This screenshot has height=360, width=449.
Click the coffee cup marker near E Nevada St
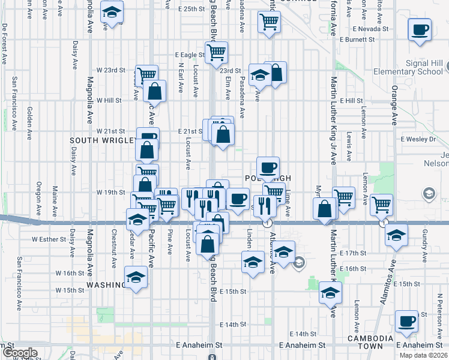[x=420, y=30]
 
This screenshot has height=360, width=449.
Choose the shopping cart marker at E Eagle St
[x=216, y=52]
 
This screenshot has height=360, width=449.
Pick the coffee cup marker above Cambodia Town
[x=407, y=321]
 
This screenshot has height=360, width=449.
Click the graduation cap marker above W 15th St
[x=136, y=278]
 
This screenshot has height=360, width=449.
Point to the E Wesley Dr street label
[x=418, y=139]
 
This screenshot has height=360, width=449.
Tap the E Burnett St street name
[x=357, y=40]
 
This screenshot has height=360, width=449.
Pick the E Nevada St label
[x=372, y=29]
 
